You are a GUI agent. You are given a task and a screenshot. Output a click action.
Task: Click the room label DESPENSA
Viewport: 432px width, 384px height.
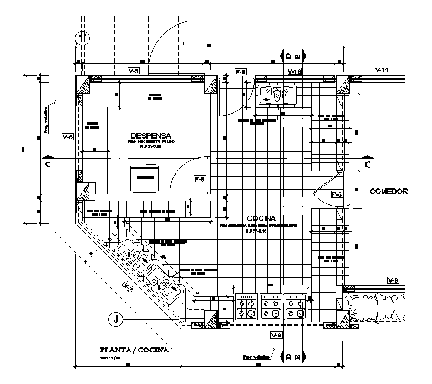150,135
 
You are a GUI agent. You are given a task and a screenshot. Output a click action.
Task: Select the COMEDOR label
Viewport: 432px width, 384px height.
388,192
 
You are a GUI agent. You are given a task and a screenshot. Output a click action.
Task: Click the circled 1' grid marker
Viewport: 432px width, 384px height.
83,38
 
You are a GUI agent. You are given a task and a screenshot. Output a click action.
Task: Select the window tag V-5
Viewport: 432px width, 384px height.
133,71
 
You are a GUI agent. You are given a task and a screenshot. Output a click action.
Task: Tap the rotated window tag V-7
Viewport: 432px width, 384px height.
128,287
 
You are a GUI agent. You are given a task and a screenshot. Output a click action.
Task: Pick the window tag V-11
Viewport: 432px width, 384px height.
382,70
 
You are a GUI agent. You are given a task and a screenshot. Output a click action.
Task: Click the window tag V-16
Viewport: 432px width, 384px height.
294,71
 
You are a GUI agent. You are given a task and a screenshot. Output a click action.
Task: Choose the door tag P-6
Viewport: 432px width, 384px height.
337,194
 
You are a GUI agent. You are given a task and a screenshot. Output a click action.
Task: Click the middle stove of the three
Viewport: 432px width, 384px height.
271,306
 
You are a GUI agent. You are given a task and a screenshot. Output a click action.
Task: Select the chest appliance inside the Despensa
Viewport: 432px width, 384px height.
145,177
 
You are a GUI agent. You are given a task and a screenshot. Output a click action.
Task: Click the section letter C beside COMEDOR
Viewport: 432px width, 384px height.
368,165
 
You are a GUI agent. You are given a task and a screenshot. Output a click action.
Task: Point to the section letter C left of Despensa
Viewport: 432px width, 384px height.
49,165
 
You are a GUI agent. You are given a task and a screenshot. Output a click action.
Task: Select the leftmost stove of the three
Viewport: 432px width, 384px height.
247,306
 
